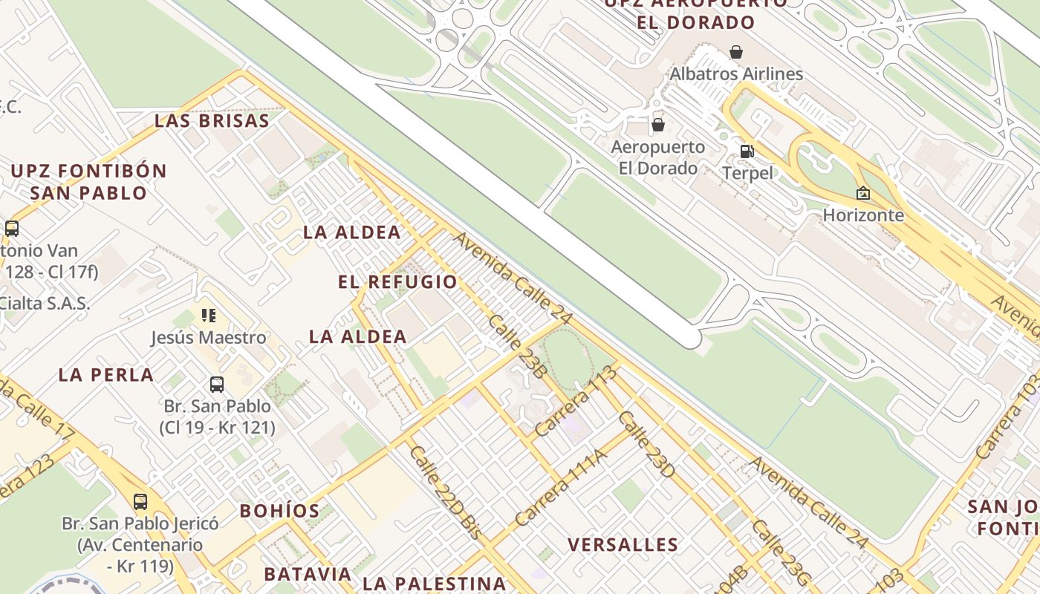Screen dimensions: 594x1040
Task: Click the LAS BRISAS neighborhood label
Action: pos(212,121)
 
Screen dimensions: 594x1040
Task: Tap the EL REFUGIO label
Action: pos(397,282)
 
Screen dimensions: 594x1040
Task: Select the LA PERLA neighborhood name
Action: pos(106,375)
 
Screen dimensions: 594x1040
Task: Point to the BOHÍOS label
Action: pos(279,511)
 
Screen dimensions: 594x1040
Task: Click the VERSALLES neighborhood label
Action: pos(623,544)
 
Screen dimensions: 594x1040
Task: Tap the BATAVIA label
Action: pos(308,574)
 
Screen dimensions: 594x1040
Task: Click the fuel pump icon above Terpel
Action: pos(747,151)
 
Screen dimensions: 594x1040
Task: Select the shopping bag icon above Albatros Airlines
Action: pos(735,51)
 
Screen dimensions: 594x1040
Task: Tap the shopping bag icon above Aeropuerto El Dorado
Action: pos(657,124)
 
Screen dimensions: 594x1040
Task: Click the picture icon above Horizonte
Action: pos(862,193)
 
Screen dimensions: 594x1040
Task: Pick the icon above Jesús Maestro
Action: pos(209,316)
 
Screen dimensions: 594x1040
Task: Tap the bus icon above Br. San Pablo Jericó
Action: pos(140,501)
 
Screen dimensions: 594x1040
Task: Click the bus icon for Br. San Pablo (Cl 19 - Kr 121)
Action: pos(216,384)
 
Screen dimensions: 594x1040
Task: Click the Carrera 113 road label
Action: pos(576,401)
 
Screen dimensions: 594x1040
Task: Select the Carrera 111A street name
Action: pos(560,488)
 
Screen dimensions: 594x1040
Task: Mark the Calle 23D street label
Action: pos(646,444)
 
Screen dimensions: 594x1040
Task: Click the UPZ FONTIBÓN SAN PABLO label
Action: pos(88,182)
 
